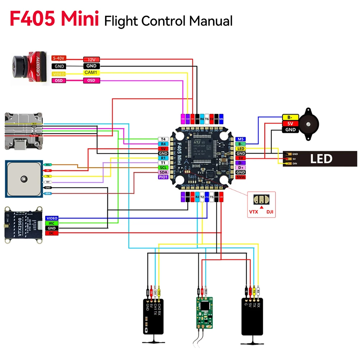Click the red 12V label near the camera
91,60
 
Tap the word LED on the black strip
321,159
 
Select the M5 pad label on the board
240,139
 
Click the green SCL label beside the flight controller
163,167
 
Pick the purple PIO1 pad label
163,177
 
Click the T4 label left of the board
163,139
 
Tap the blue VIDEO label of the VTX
52,219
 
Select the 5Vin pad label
240,177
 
